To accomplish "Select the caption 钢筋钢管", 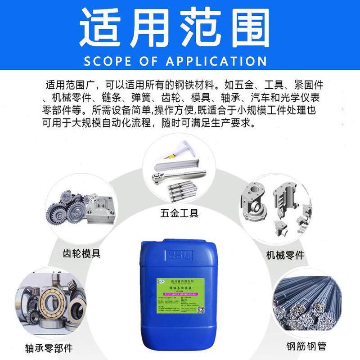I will [x=306, y=346].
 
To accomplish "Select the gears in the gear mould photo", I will [x=66, y=209].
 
